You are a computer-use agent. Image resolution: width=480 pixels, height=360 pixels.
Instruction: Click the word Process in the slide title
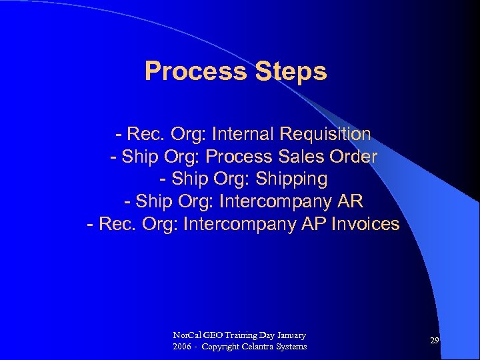(x=195, y=71)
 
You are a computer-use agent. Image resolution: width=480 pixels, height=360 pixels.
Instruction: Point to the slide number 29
(x=434, y=341)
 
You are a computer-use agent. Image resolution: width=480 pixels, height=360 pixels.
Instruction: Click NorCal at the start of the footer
(x=184, y=335)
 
